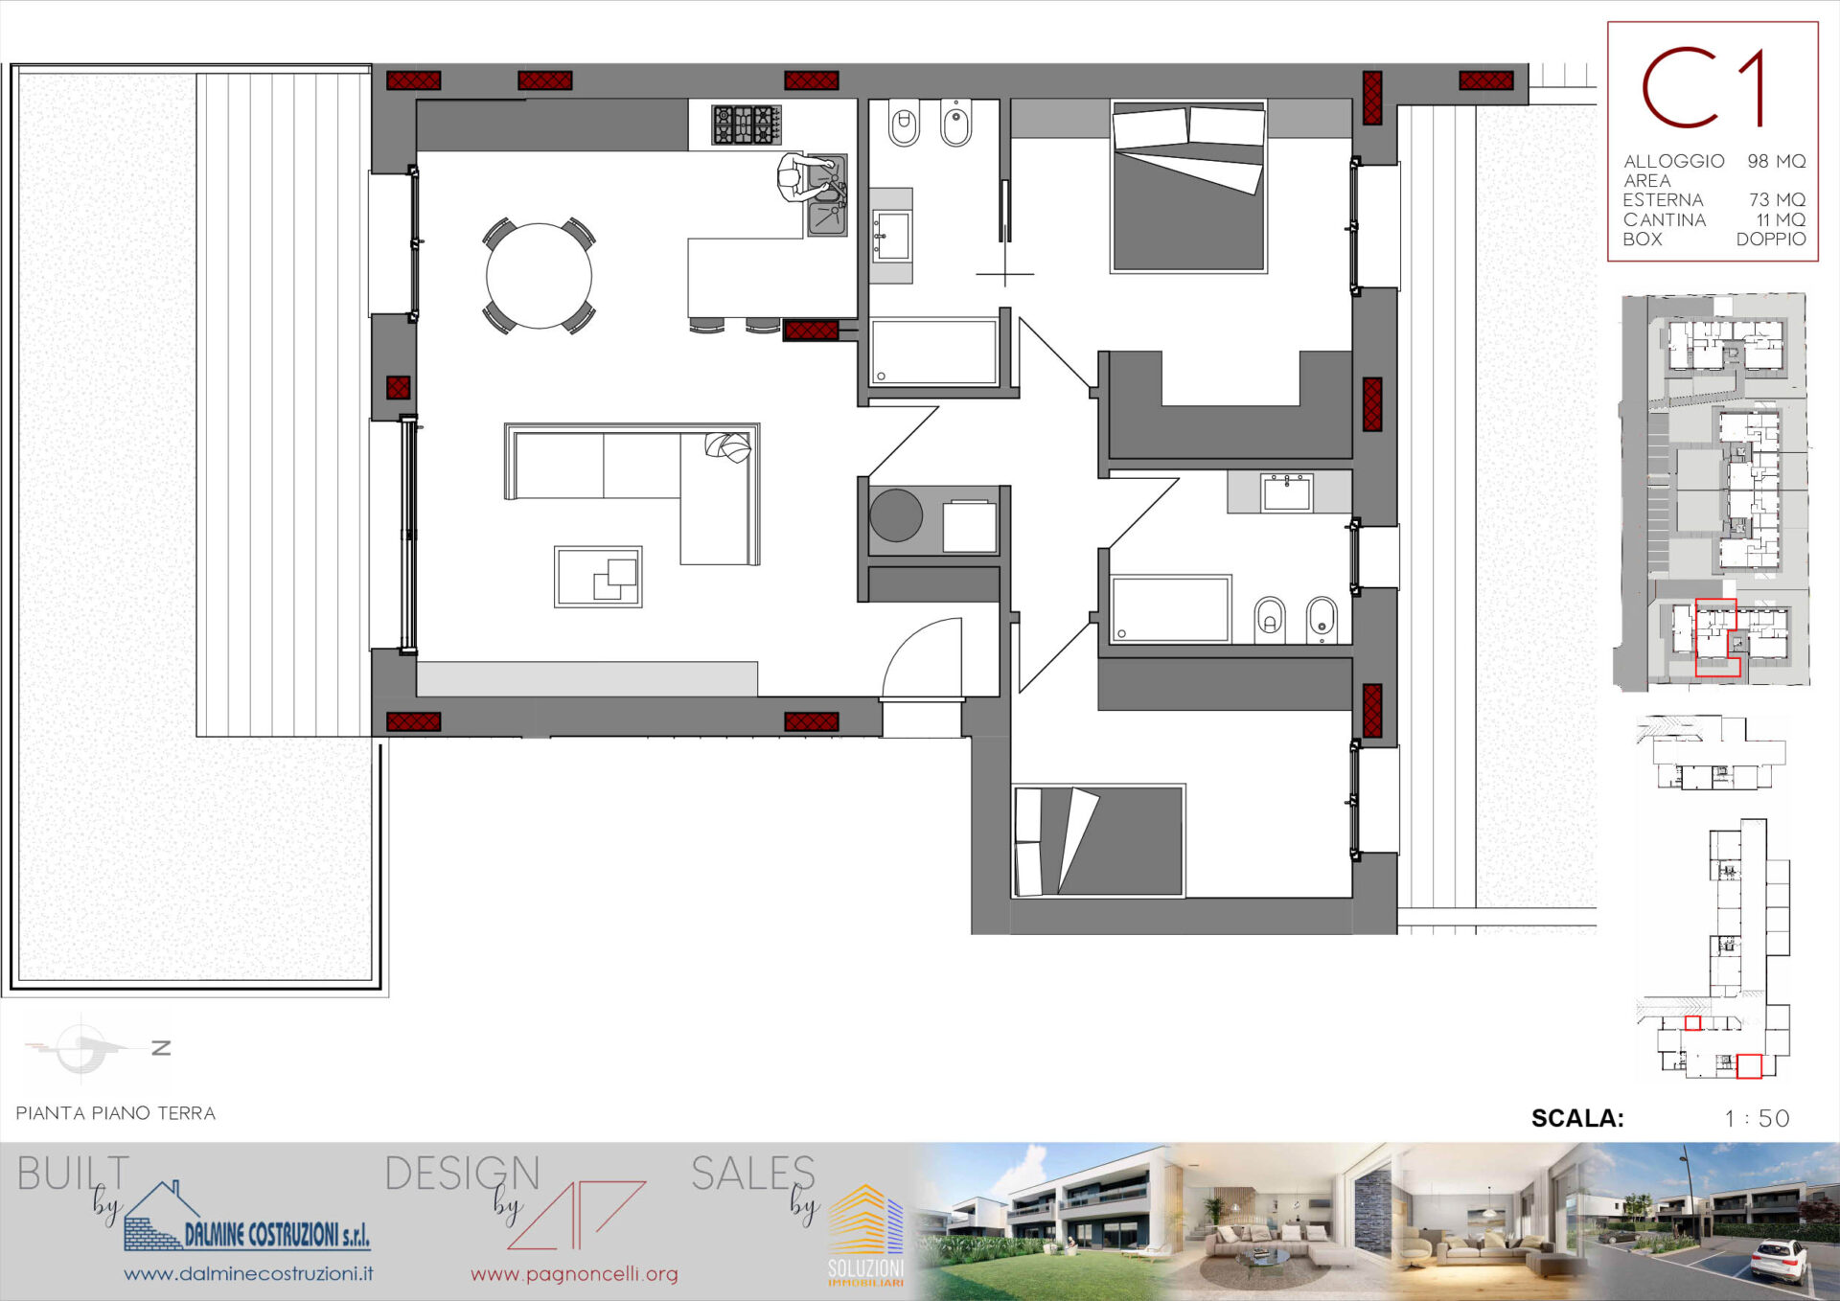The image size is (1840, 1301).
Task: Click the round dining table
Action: tap(539, 276)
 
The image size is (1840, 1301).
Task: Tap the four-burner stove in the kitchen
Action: tap(746, 125)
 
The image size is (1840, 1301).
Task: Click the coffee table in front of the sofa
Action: tap(598, 577)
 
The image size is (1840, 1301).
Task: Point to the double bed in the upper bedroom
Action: tap(1188, 187)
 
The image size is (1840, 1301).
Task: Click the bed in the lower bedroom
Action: tap(1099, 841)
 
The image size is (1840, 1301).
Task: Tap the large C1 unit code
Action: tap(1704, 87)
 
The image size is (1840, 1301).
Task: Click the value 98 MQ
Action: tap(1776, 161)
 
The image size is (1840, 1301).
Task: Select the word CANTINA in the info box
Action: tap(1665, 219)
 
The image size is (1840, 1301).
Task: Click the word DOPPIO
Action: tap(1771, 239)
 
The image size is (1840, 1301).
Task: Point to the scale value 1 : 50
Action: tap(1757, 1118)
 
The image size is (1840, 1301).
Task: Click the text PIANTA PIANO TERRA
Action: tap(116, 1113)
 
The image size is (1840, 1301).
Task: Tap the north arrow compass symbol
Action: tap(91, 1048)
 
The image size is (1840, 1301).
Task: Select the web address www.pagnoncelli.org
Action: tap(574, 1274)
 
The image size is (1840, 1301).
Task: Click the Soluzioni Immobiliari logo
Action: tap(865, 1236)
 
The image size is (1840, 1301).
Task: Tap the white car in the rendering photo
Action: tap(1780, 1260)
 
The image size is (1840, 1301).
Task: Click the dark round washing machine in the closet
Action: tap(896, 515)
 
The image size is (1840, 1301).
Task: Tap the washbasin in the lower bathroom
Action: tap(1287, 492)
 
